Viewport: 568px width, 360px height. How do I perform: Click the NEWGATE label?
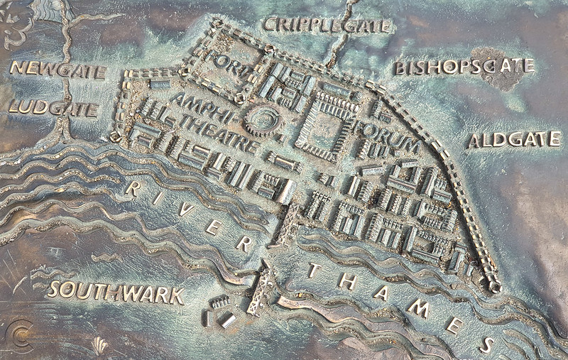(x=58, y=70)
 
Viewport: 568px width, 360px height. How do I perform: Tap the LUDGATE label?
(x=53, y=109)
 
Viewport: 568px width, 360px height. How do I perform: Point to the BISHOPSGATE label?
(x=463, y=67)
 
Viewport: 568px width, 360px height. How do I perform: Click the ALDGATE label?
(x=514, y=140)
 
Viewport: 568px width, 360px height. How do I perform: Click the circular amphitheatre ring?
(x=264, y=121)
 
